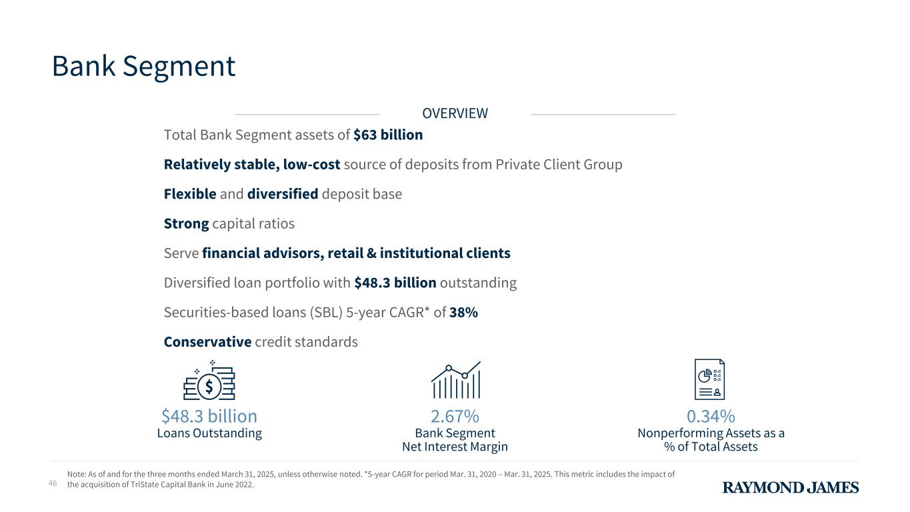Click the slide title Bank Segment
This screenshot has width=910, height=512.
coord(143,66)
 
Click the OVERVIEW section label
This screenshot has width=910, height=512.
coord(455,113)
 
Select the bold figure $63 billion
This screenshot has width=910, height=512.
coord(388,135)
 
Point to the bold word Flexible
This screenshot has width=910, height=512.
coord(190,194)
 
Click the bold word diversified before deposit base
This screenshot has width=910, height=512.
coord(283,194)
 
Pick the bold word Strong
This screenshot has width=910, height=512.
coord(186,223)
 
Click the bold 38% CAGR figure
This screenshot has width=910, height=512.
coord(463,312)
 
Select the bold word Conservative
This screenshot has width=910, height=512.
coord(207,341)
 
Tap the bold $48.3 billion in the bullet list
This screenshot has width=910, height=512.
coord(395,283)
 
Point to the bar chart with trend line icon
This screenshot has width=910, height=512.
coord(455,380)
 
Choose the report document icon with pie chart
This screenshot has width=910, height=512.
coord(709,379)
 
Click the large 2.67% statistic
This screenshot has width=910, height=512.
coord(455,416)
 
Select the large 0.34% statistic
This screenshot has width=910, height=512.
coord(711,416)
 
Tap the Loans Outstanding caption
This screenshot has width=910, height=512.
coord(209,433)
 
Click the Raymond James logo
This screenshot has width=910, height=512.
coord(791,487)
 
